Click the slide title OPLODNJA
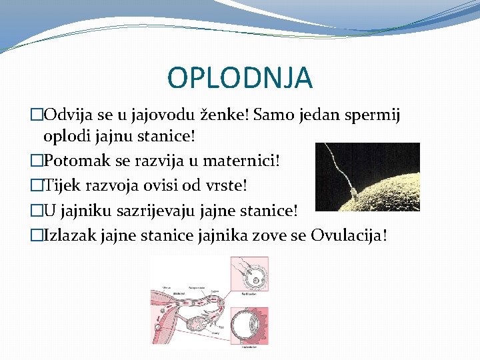point(239,78)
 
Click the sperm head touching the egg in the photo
point(355,194)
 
